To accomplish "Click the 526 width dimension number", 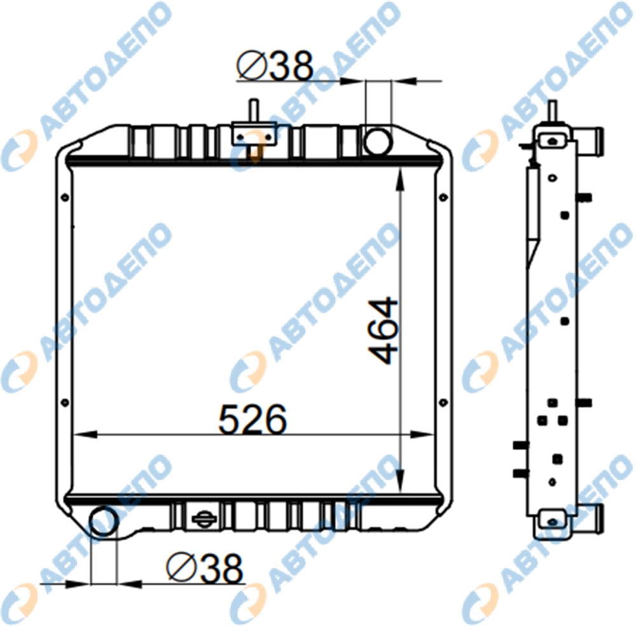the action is click(252, 419).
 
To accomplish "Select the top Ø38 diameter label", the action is click(275, 66).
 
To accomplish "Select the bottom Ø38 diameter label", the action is click(204, 568).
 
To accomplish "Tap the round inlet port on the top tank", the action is click(378, 141).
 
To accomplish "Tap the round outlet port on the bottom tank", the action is click(104, 522).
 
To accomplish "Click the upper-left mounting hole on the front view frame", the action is click(64, 198).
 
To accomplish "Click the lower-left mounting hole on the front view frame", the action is click(64, 403).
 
